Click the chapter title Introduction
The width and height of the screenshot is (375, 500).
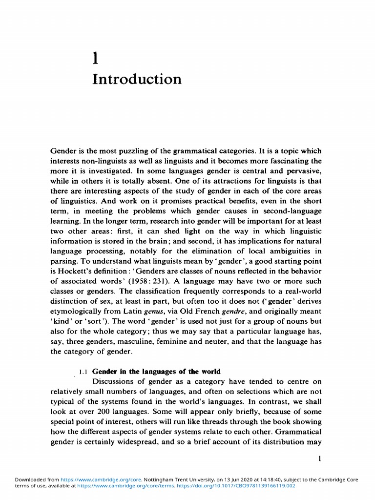(136, 79)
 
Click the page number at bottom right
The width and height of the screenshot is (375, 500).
(319, 458)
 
